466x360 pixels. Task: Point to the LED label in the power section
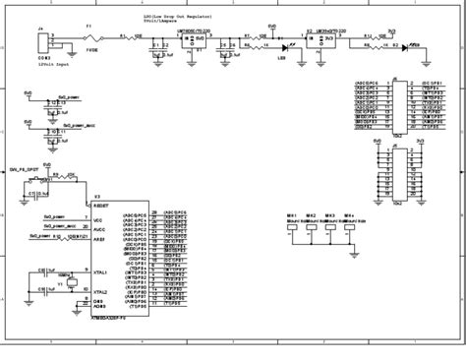(x=280, y=58)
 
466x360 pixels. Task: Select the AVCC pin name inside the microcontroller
(x=98, y=227)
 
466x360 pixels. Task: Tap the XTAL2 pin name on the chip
(x=99, y=292)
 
